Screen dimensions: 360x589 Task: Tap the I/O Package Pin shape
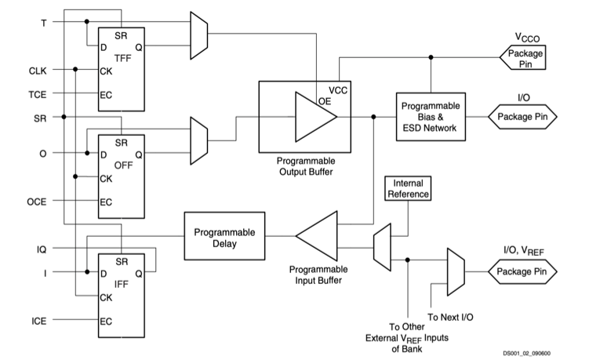[x=523, y=118]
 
